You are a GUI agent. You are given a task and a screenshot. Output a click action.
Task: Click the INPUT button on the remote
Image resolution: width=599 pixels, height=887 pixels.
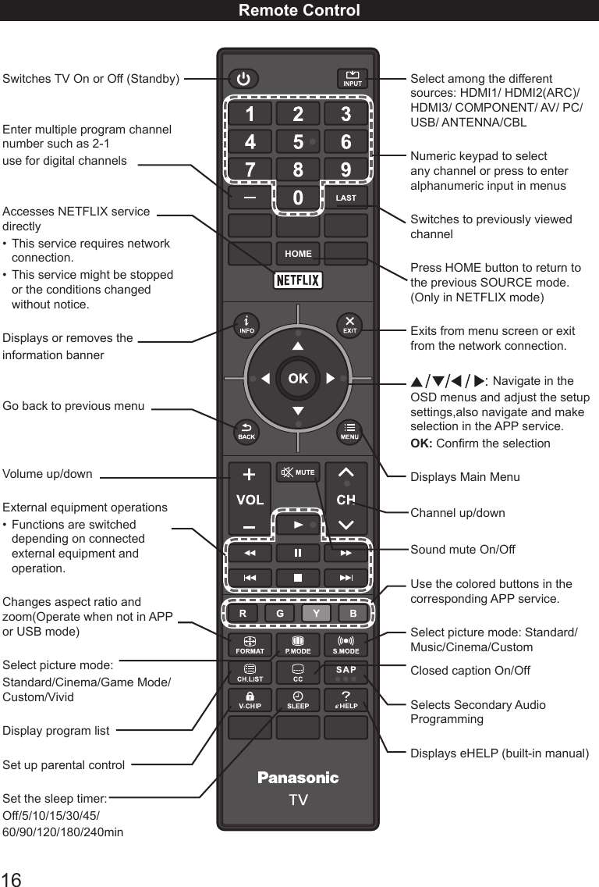[x=353, y=79]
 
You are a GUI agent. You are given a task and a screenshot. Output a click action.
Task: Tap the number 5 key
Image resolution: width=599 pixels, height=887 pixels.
[x=298, y=143]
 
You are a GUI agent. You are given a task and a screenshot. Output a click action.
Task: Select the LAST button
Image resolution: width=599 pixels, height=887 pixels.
[x=346, y=198]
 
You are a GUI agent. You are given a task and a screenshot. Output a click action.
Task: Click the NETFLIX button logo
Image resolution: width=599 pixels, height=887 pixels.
[x=298, y=280]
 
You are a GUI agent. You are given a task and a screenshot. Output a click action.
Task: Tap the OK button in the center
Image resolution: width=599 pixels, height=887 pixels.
[x=298, y=379]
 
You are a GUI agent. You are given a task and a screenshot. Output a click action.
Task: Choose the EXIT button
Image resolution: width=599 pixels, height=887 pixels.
[x=349, y=325]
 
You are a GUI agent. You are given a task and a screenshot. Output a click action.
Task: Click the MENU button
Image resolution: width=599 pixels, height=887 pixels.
[x=349, y=432]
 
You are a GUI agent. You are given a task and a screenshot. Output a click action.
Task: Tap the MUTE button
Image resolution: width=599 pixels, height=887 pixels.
[x=298, y=472]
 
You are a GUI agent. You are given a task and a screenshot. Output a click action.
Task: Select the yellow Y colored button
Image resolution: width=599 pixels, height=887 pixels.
[x=316, y=614]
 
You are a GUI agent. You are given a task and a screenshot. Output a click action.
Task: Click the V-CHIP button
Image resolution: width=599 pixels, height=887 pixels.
[x=250, y=700]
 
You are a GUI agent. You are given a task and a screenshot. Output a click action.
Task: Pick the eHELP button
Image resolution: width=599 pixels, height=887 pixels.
[x=346, y=700]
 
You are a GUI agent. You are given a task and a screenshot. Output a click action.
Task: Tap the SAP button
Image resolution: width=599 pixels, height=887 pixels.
[x=346, y=672]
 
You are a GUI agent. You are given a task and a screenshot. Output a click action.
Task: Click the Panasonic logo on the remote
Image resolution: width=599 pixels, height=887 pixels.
[x=298, y=778]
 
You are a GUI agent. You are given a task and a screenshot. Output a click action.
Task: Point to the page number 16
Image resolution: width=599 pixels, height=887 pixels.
[x=12, y=878]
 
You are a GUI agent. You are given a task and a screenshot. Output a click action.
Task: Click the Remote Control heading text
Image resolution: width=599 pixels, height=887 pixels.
[x=299, y=10]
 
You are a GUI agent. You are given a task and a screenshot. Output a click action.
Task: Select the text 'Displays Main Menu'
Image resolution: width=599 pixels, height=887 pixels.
[x=465, y=477]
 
